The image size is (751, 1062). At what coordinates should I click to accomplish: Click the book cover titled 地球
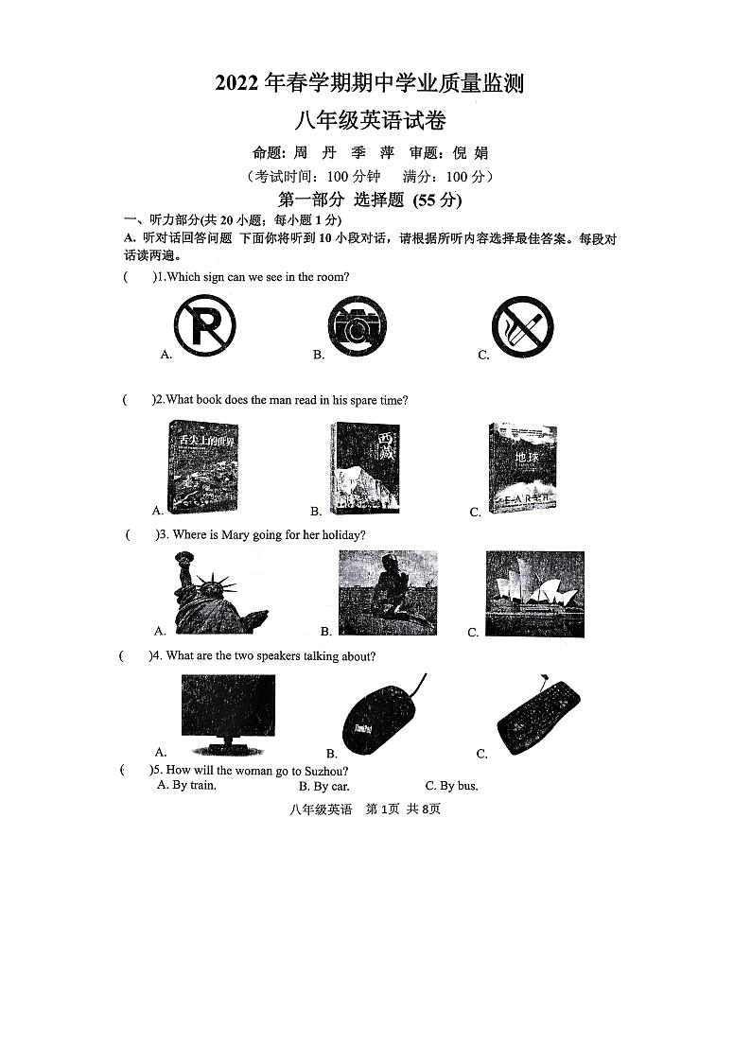coord(523,467)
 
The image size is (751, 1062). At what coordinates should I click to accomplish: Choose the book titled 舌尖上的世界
coord(202,464)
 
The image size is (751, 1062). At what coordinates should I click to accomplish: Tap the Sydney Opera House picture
coord(534,594)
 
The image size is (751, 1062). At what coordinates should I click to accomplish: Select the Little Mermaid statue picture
coord(388,593)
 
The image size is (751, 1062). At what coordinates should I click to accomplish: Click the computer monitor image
coord(228,709)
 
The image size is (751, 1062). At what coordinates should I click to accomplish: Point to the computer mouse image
coord(378,716)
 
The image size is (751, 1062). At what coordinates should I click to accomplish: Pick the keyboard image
coord(538,717)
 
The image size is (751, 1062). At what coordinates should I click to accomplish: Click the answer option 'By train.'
coord(187,785)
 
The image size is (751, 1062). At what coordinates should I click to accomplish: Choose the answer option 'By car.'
coord(324,786)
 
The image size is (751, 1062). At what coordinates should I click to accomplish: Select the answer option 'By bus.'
coord(452,786)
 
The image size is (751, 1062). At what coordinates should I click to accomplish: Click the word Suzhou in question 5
coord(328,771)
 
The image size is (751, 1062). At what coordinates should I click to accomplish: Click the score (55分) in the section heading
coord(437,200)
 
